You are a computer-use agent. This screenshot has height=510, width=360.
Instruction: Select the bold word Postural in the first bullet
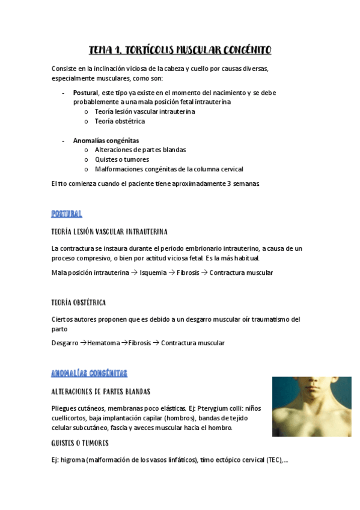tap(85, 93)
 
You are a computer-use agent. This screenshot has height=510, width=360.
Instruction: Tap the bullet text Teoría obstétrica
tap(120, 121)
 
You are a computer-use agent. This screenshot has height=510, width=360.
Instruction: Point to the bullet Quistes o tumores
tap(122, 159)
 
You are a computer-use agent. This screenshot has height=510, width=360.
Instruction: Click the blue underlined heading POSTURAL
tap(67, 214)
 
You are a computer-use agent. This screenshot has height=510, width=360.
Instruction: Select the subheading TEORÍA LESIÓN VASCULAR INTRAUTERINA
tap(109, 232)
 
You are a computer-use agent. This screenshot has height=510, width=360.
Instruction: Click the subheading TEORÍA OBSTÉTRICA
tap(79, 303)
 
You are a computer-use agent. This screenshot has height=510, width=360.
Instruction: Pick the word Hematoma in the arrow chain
tap(103, 343)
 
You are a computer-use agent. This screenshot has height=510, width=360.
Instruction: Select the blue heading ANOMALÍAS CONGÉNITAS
tap(90, 373)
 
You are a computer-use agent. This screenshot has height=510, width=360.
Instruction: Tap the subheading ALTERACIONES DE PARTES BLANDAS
tap(101, 392)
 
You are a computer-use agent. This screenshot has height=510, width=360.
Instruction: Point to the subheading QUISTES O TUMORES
tap(80, 443)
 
